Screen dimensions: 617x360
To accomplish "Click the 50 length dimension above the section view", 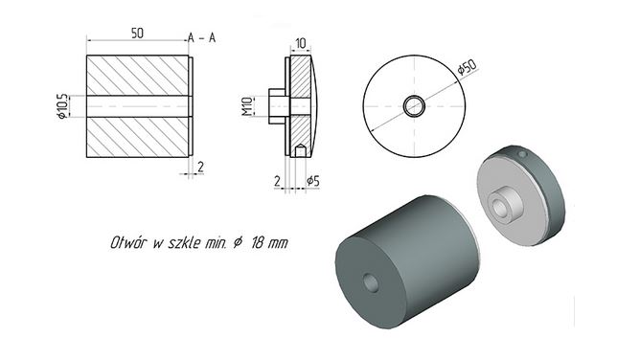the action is (x=137, y=34).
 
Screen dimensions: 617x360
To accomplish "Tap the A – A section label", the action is (x=202, y=38).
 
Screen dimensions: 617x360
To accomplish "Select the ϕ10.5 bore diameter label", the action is (x=61, y=106).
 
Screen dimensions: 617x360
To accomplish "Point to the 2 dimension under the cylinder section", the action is (x=200, y=168).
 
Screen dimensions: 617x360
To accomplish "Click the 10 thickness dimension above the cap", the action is (x=301, y=43).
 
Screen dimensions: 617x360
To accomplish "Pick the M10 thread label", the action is (x=247, y=106).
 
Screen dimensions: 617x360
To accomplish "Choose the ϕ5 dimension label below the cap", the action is (x=313, y=181).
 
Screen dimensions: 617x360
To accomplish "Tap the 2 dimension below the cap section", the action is (x=278, y=181).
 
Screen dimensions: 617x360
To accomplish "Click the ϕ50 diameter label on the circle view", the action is (x=468, y=67).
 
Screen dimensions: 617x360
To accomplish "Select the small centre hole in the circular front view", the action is (x=414, y=106).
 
